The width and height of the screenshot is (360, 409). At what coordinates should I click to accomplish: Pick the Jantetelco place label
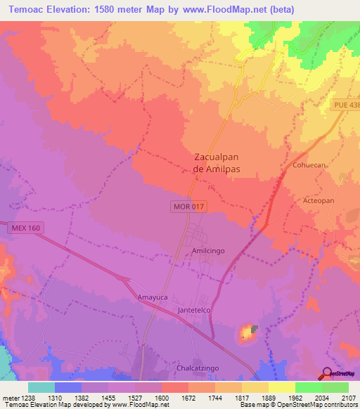coord(195,310)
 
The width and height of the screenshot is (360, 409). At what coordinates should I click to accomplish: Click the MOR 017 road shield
coord(188,207)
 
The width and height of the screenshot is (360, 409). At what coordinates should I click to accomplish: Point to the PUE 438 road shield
coord(346,104)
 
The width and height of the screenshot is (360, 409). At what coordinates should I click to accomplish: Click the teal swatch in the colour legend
coord(41,387)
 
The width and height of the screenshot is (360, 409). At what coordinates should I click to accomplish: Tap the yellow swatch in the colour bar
coord(281,387)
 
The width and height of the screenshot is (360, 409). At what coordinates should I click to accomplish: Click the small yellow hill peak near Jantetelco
coord(247,331)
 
